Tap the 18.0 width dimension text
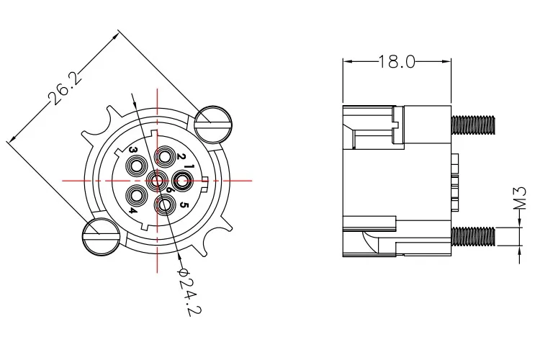click(x=397, y=62)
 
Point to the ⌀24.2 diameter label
click(x=189, y=291)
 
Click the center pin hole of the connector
click(x=156, y=180)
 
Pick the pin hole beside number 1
click(x=182, y=180)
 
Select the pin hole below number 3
click(x=137, y=166)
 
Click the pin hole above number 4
click(x=137, y=195)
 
